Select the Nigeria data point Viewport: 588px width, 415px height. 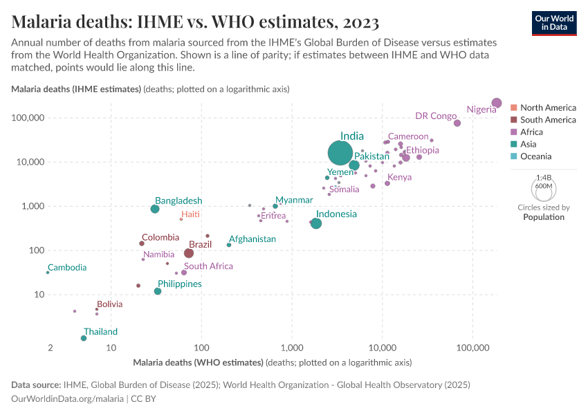click(496, 103)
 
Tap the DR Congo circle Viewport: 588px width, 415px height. click(457, 123)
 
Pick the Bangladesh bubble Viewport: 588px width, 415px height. click(155, 209)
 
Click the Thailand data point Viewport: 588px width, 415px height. click(84, 338)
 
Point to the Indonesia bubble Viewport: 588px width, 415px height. click(316, 223)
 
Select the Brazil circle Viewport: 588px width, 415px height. click(189, 253)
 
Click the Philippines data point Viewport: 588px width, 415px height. click(158, 291)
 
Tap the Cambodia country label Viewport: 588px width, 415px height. click(66, 268)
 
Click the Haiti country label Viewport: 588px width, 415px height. click(190, 214)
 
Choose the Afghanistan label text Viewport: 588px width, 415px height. click(252, 239)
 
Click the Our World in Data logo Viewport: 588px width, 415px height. click(554, 23)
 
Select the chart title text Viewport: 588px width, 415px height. click(175, 22)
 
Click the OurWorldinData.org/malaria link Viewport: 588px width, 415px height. click(67, 398)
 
